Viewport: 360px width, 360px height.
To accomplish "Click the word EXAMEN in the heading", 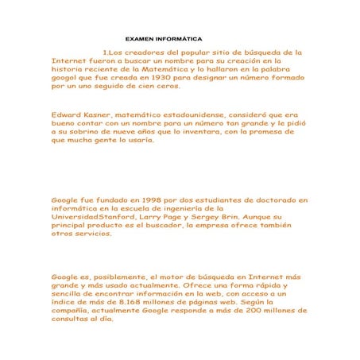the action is [x=141, y=38].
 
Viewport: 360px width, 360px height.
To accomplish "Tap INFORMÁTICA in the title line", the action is [x=179, y=38].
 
